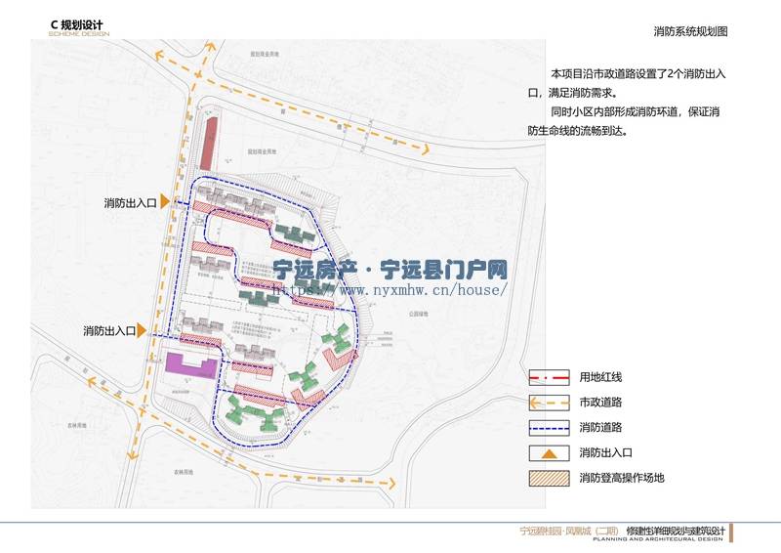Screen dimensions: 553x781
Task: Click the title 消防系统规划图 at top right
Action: point(690,31)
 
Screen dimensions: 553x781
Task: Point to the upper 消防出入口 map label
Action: point(131,203)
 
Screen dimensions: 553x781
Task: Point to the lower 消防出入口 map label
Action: point(109,331)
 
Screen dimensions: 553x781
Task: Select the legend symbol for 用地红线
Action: point(549,377)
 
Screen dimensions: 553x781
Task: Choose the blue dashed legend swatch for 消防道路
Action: point(549,428)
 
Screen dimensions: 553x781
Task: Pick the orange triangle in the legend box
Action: point(549,452)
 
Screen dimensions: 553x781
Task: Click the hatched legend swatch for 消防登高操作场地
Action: point(549,479)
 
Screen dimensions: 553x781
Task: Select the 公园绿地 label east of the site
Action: point(421,315)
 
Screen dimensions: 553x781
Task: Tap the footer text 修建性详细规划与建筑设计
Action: point(674,531)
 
